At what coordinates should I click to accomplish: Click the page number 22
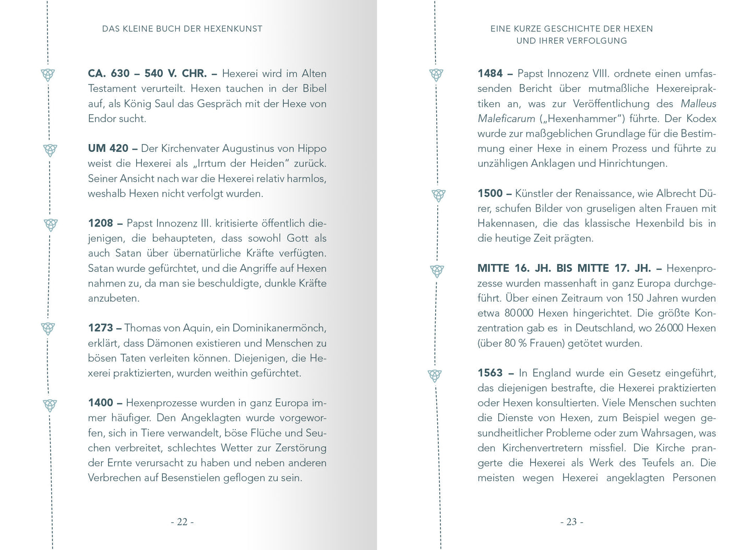(x=182, y=522)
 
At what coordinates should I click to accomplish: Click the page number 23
(x=571, y=522)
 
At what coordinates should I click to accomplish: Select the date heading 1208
(x=100, y=223)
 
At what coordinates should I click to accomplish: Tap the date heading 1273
(x=100, y=328)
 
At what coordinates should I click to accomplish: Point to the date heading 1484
(x=490, y=74)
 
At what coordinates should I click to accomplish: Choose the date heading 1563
(x=490, y=373)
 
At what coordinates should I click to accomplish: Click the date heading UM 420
(x=108, y=148)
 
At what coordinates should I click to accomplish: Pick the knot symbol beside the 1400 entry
(x=50, y=405)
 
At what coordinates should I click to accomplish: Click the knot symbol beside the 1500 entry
(x=439, y=195)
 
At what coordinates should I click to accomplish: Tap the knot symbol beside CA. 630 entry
(x=48, y=75)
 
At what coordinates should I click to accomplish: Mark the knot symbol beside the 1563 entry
(x=435, y=375)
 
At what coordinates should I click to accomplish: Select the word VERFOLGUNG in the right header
(x=597, y=41)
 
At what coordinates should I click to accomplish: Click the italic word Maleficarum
(x=506, y=118)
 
